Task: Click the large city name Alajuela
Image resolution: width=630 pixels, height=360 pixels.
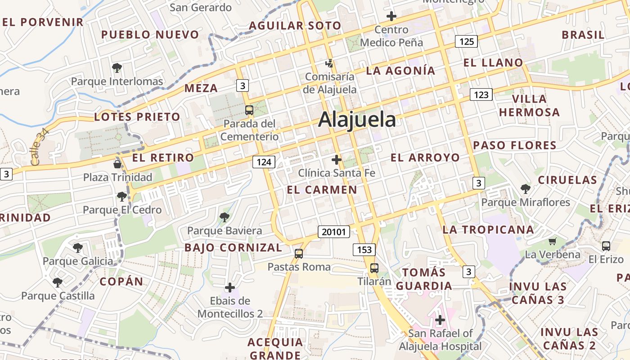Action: (x=357, y=120)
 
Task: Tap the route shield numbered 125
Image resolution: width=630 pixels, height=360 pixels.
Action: (x=466, y=41)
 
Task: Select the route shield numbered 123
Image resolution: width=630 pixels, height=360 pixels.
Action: (x=481, y=94)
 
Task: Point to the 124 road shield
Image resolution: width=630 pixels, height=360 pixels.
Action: (x=263, y=162)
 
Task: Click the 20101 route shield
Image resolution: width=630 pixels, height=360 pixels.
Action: (x=333, y=232)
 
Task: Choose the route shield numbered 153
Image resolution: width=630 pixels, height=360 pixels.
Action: (x=364, y=249)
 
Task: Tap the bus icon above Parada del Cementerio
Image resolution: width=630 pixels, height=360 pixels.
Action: (x=249, y=110)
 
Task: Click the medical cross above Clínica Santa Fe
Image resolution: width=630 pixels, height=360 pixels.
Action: (x=337, y=159)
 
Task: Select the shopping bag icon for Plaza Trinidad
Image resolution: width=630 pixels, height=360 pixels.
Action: (x=117, y=164)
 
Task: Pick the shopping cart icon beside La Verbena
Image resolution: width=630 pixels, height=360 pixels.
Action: (x=553, y=241)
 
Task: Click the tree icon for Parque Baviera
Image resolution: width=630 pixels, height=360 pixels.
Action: (x=224, y=217)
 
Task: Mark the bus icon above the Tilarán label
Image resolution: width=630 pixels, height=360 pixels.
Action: (x=374, y=268)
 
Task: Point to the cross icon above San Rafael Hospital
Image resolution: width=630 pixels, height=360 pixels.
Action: (x=440, y=320)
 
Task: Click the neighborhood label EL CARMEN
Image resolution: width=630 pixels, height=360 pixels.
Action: (x=322, y=190)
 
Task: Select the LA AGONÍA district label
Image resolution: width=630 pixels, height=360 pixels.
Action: (x=400, y=71)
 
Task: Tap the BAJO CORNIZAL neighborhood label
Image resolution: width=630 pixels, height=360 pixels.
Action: (x=233, y=247)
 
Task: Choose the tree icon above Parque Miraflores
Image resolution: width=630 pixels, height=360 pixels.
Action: (x=525, y=189)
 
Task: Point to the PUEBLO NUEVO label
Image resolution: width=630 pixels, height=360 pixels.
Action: (x=150, y=35)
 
